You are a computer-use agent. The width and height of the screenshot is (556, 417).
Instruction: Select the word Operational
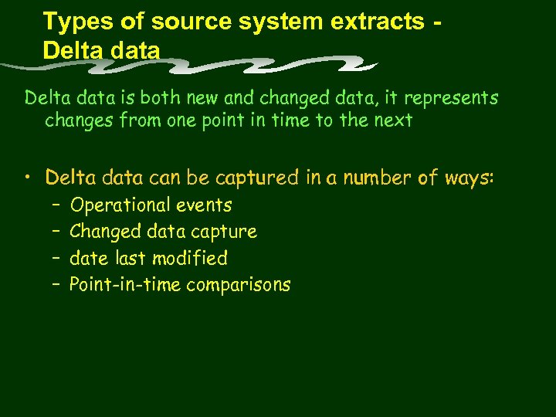click(x=120, y=205)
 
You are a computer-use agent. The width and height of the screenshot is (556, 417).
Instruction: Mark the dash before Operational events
click(x=57, y=205)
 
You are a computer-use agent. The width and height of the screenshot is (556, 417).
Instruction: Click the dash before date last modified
click(x=57, y=258)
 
